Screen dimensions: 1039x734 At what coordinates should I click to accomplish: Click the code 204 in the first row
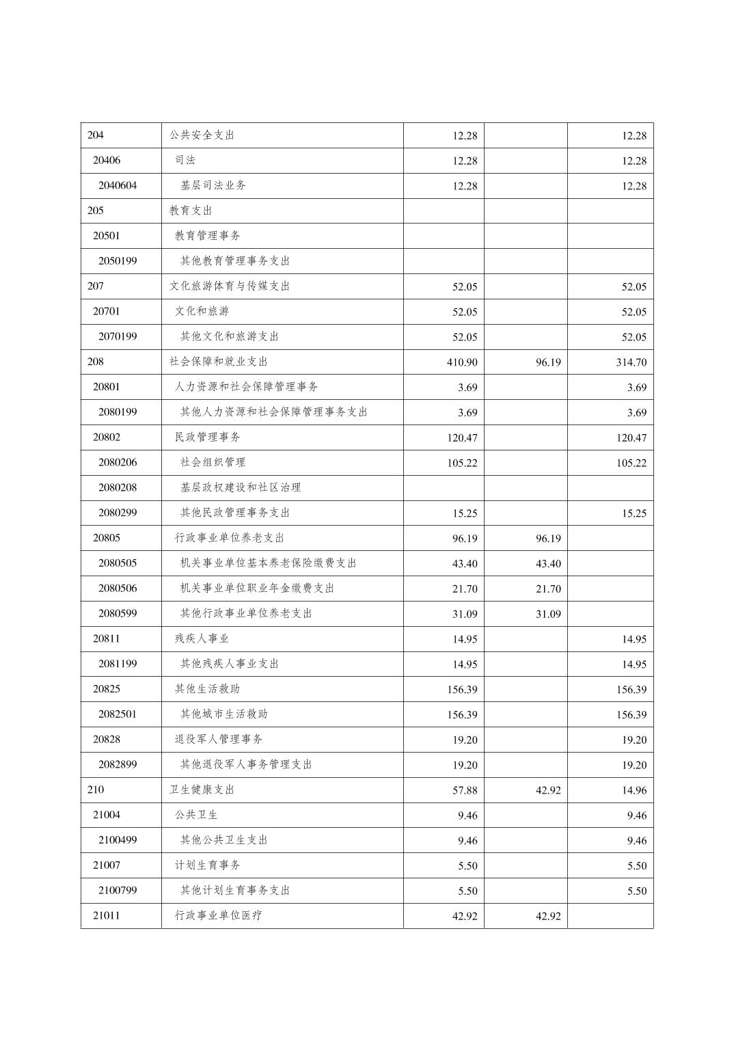coord(96,135)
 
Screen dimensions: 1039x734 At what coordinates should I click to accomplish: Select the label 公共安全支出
coord(202,135)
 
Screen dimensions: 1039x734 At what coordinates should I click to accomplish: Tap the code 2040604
coord(118,185)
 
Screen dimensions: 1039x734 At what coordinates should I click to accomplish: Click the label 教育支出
coord(191,211)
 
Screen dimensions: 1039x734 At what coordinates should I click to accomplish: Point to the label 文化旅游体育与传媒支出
coord(230,286)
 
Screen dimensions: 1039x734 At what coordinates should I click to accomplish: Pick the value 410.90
coord(462,362)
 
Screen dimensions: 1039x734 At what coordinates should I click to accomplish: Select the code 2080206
coord(118,462)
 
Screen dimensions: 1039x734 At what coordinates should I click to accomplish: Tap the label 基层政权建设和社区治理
coord(241,487)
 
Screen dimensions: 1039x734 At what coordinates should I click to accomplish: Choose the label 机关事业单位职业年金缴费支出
coord(257,588)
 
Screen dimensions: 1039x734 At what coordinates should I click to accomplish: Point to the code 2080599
coord(118,613)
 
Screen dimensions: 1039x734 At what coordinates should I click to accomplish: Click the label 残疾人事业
coord(202,638)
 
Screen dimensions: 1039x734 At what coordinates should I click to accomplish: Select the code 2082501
coord(118,714)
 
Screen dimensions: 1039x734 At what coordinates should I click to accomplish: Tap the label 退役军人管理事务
coord(219,739)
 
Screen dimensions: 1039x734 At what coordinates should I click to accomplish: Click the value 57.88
coord(465,790)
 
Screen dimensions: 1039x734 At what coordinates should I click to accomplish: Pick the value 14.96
coord(634,790)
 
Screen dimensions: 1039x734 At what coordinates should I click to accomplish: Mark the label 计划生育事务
coord(208,865)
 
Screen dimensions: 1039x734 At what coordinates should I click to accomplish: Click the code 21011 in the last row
coord(107,915)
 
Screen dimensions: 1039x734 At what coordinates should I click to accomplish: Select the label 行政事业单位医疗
coord(219,915)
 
